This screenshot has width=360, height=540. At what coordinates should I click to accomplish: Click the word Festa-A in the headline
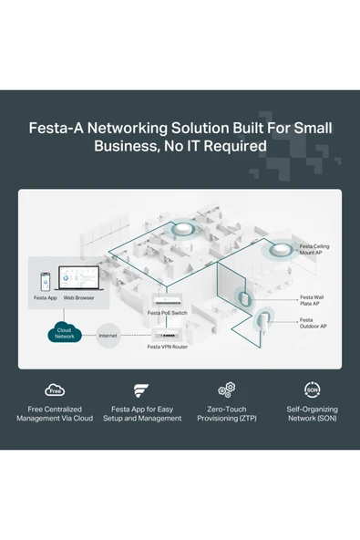click(60, 128)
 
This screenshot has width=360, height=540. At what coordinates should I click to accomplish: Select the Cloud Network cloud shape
click(64, 335)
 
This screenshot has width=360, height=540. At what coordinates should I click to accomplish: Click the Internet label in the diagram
click(108, 336)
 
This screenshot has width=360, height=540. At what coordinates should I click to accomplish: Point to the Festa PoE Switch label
click(168, 313)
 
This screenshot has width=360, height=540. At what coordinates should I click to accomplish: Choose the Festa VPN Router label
click(168, 347)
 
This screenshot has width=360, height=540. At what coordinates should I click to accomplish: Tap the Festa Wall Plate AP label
click(312, 300)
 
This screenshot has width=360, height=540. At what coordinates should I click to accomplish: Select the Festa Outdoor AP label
click(313, 323)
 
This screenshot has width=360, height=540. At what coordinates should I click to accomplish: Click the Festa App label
click(46, 298)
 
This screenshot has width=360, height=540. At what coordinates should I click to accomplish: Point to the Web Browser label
click(78, 298)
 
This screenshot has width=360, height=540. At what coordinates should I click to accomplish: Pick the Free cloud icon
click(55, 390)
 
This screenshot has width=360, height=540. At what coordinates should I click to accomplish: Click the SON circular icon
click(312, 390)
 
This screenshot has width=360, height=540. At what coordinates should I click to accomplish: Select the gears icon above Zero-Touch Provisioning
click(227, 390)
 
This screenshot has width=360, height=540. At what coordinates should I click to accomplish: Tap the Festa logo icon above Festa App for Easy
click(141, 390)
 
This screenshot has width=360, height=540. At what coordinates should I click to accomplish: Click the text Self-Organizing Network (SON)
click(312, 413)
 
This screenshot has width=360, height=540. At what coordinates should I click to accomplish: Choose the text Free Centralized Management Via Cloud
click(55, 413)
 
